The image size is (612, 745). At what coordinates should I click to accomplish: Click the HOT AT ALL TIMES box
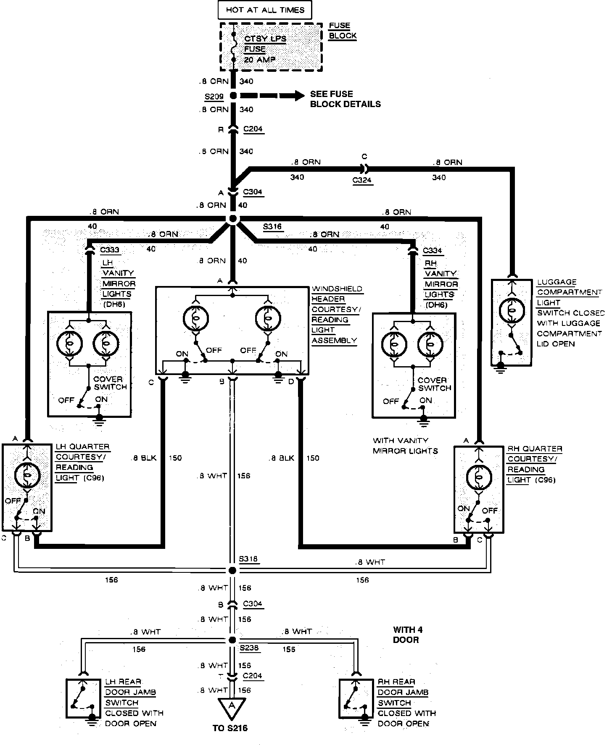[265, 10]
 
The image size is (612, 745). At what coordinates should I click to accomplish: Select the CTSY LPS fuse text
[265, 39]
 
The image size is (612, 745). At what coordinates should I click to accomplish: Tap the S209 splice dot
[233, 96]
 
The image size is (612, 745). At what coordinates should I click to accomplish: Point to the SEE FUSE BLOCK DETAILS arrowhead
[299, 96]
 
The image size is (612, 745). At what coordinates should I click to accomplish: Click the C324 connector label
[362, 181]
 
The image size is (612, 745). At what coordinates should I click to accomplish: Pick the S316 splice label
[272, 227]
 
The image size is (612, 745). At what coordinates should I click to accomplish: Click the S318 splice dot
[232, 570]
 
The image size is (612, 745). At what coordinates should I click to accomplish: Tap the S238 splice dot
[232, 640]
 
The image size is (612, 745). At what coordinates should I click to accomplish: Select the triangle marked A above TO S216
[232, 706]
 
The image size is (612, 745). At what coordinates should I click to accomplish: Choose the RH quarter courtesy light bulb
[479, 477]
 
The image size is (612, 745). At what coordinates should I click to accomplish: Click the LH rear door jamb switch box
[83, 698]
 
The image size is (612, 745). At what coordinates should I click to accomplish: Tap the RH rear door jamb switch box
[356, 698]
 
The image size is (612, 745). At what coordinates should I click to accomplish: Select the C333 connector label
[110, 250]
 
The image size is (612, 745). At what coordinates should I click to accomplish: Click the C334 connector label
[433, 251]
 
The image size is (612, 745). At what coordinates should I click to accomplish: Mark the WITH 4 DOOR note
[407, 635]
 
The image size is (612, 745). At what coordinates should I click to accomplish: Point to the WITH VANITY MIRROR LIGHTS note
[405, 446]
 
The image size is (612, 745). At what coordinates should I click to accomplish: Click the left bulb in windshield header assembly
[195, 318]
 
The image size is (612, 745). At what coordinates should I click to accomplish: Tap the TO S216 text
[230, 728]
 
